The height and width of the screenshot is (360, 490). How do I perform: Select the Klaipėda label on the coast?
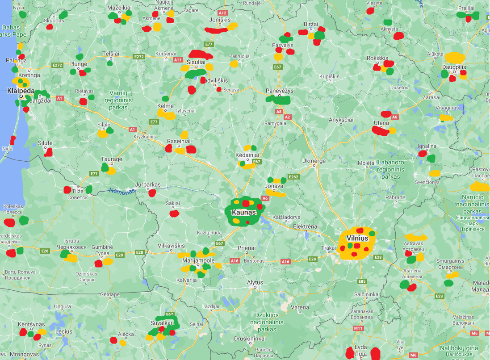tap(21, 91)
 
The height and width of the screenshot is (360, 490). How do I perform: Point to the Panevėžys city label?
tap(280, 91)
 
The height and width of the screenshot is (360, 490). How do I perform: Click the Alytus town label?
tap(255, 282)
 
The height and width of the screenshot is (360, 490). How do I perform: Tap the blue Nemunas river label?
tap(122, 191)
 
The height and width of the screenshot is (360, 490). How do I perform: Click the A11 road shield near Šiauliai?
tap(178, 59)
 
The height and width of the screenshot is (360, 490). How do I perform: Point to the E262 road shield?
tap(293, 177)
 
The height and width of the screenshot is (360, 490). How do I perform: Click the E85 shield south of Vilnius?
tap(362, 281)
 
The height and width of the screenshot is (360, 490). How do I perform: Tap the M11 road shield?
tap(358, 329)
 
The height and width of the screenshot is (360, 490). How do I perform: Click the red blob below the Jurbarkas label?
tap(152, 193)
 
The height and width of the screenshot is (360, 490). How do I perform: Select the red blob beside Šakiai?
tap(174, 213)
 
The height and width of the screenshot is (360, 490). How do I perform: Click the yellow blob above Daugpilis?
tap(455, 57)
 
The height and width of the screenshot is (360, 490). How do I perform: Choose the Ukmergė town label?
tap(314, 161)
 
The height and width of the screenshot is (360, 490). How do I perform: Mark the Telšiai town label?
tap(111, 53)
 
